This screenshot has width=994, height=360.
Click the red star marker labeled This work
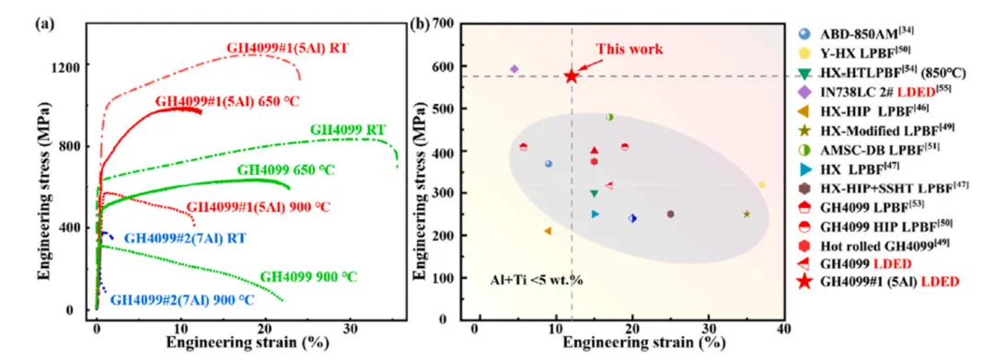point(572,76)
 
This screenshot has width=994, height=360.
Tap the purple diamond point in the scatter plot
point(514,68)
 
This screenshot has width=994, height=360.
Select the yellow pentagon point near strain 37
point(762,184)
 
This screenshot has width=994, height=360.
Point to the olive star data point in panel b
point(746,215)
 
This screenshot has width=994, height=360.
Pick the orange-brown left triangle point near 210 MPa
point(547,231)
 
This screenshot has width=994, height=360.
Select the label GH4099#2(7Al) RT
point(184,239)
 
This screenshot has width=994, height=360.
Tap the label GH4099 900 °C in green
point(308,277)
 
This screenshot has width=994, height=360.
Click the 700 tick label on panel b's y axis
point(444,25)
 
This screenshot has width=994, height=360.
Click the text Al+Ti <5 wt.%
point(537,279)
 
